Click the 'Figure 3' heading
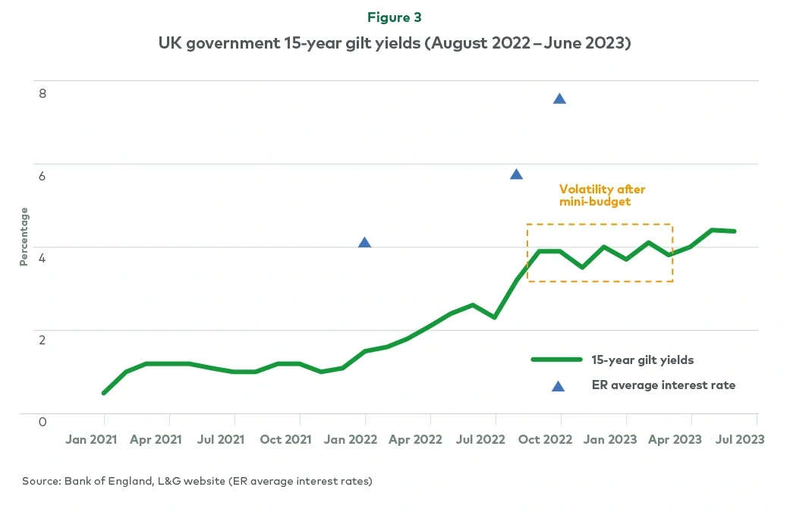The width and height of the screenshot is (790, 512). (395, 17)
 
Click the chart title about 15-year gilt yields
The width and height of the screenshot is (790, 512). (395, 44)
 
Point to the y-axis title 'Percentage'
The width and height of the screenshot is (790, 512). (24, 236)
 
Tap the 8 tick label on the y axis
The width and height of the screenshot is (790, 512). (42, 93)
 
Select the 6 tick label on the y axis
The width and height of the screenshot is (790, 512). (42, 176)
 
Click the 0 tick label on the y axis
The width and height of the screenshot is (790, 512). (42, 422)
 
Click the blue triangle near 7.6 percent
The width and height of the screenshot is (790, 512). (560, 99)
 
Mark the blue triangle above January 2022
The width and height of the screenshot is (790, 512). (364, 243)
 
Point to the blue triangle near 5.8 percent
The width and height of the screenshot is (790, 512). (517, 174)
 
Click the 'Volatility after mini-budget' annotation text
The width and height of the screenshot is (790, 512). (602, 196)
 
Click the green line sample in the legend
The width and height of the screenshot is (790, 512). (556, 360)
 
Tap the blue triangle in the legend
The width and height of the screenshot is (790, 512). (558, 386)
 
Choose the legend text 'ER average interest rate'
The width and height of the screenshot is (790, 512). (663, 385)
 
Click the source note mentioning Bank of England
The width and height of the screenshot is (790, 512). (197, 481)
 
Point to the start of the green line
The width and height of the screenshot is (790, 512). (104, 393)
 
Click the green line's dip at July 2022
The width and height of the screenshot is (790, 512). (495, 317)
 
